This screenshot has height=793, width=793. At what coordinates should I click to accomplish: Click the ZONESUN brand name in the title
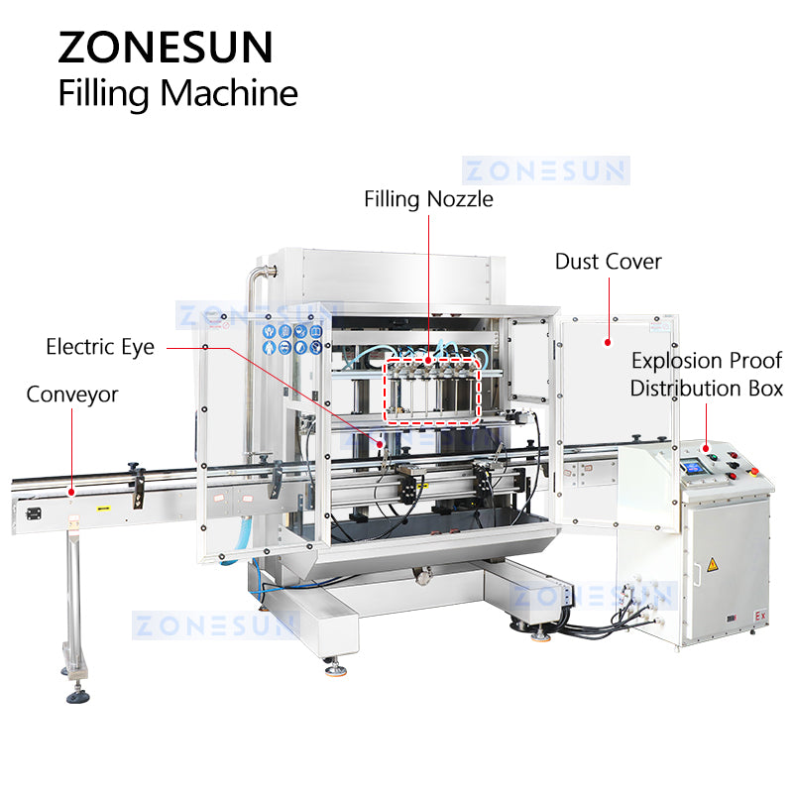(166, 48)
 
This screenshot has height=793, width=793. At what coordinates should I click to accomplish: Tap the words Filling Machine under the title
(178, 94)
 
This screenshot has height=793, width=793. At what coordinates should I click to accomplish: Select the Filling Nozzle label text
(428, 199)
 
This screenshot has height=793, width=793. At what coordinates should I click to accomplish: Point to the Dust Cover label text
(609, 262)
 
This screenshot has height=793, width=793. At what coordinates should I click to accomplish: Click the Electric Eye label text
(100, 348)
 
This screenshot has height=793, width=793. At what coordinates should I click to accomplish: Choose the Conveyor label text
(72, 395)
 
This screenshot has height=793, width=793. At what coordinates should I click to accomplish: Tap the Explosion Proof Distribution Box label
(707, 375)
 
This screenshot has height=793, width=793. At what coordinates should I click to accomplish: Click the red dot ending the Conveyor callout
(71, 492)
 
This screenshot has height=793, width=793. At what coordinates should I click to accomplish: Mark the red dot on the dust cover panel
(608, 342)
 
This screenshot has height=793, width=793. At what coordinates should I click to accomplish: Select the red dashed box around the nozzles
(432, 390)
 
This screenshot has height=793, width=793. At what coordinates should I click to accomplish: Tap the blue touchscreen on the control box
(693, 467)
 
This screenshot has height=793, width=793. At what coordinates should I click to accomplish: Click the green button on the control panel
(713, 458)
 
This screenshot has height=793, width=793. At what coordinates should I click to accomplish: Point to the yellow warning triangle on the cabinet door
(712, 564)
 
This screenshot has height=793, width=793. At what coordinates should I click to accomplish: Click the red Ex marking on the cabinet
(760, 616)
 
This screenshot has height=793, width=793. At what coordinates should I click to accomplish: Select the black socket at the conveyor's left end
(34, 513)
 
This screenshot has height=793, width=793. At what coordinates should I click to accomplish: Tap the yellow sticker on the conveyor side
(104, 508)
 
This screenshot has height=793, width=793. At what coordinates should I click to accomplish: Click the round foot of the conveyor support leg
(78, 698)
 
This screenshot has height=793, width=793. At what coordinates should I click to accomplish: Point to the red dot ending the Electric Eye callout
(380, 443)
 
